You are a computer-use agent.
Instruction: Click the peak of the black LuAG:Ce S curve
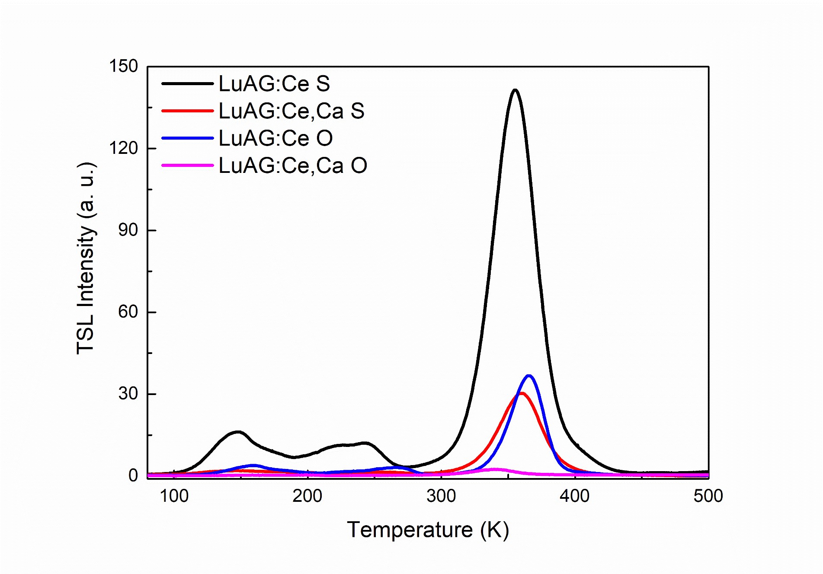tap(515, 90)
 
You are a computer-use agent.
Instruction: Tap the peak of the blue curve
tap(528, 376)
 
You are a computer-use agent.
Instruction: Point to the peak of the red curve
tap(522, 393)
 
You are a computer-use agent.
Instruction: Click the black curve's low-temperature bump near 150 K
tap(237, 432)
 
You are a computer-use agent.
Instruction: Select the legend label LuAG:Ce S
tap(274, 84)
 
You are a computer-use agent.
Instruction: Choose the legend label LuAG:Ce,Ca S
tap(291, 111)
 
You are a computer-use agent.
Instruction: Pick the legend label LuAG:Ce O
tap(275, 138)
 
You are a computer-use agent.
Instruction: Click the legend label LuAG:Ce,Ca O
tap(293, 166)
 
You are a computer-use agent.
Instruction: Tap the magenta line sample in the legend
tap(187, 165)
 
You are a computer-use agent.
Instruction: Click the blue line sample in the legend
tap(187, 138)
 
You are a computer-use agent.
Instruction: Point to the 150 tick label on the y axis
tap(123, 67)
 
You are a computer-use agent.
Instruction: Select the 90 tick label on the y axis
tap(128, 230)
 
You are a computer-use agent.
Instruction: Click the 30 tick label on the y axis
tap(128, 394)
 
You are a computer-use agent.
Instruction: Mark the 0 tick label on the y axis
tap(133, 475)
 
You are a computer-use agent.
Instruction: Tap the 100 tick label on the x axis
tap(174, 496)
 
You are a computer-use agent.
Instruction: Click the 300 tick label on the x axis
tap(441, 496)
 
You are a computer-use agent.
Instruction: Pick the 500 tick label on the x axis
tap(708, 496)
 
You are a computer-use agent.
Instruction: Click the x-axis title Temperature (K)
tap(428, 530)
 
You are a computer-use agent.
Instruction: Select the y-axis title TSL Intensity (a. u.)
tap(86, 258)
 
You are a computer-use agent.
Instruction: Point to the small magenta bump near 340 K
tap(494, 469)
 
